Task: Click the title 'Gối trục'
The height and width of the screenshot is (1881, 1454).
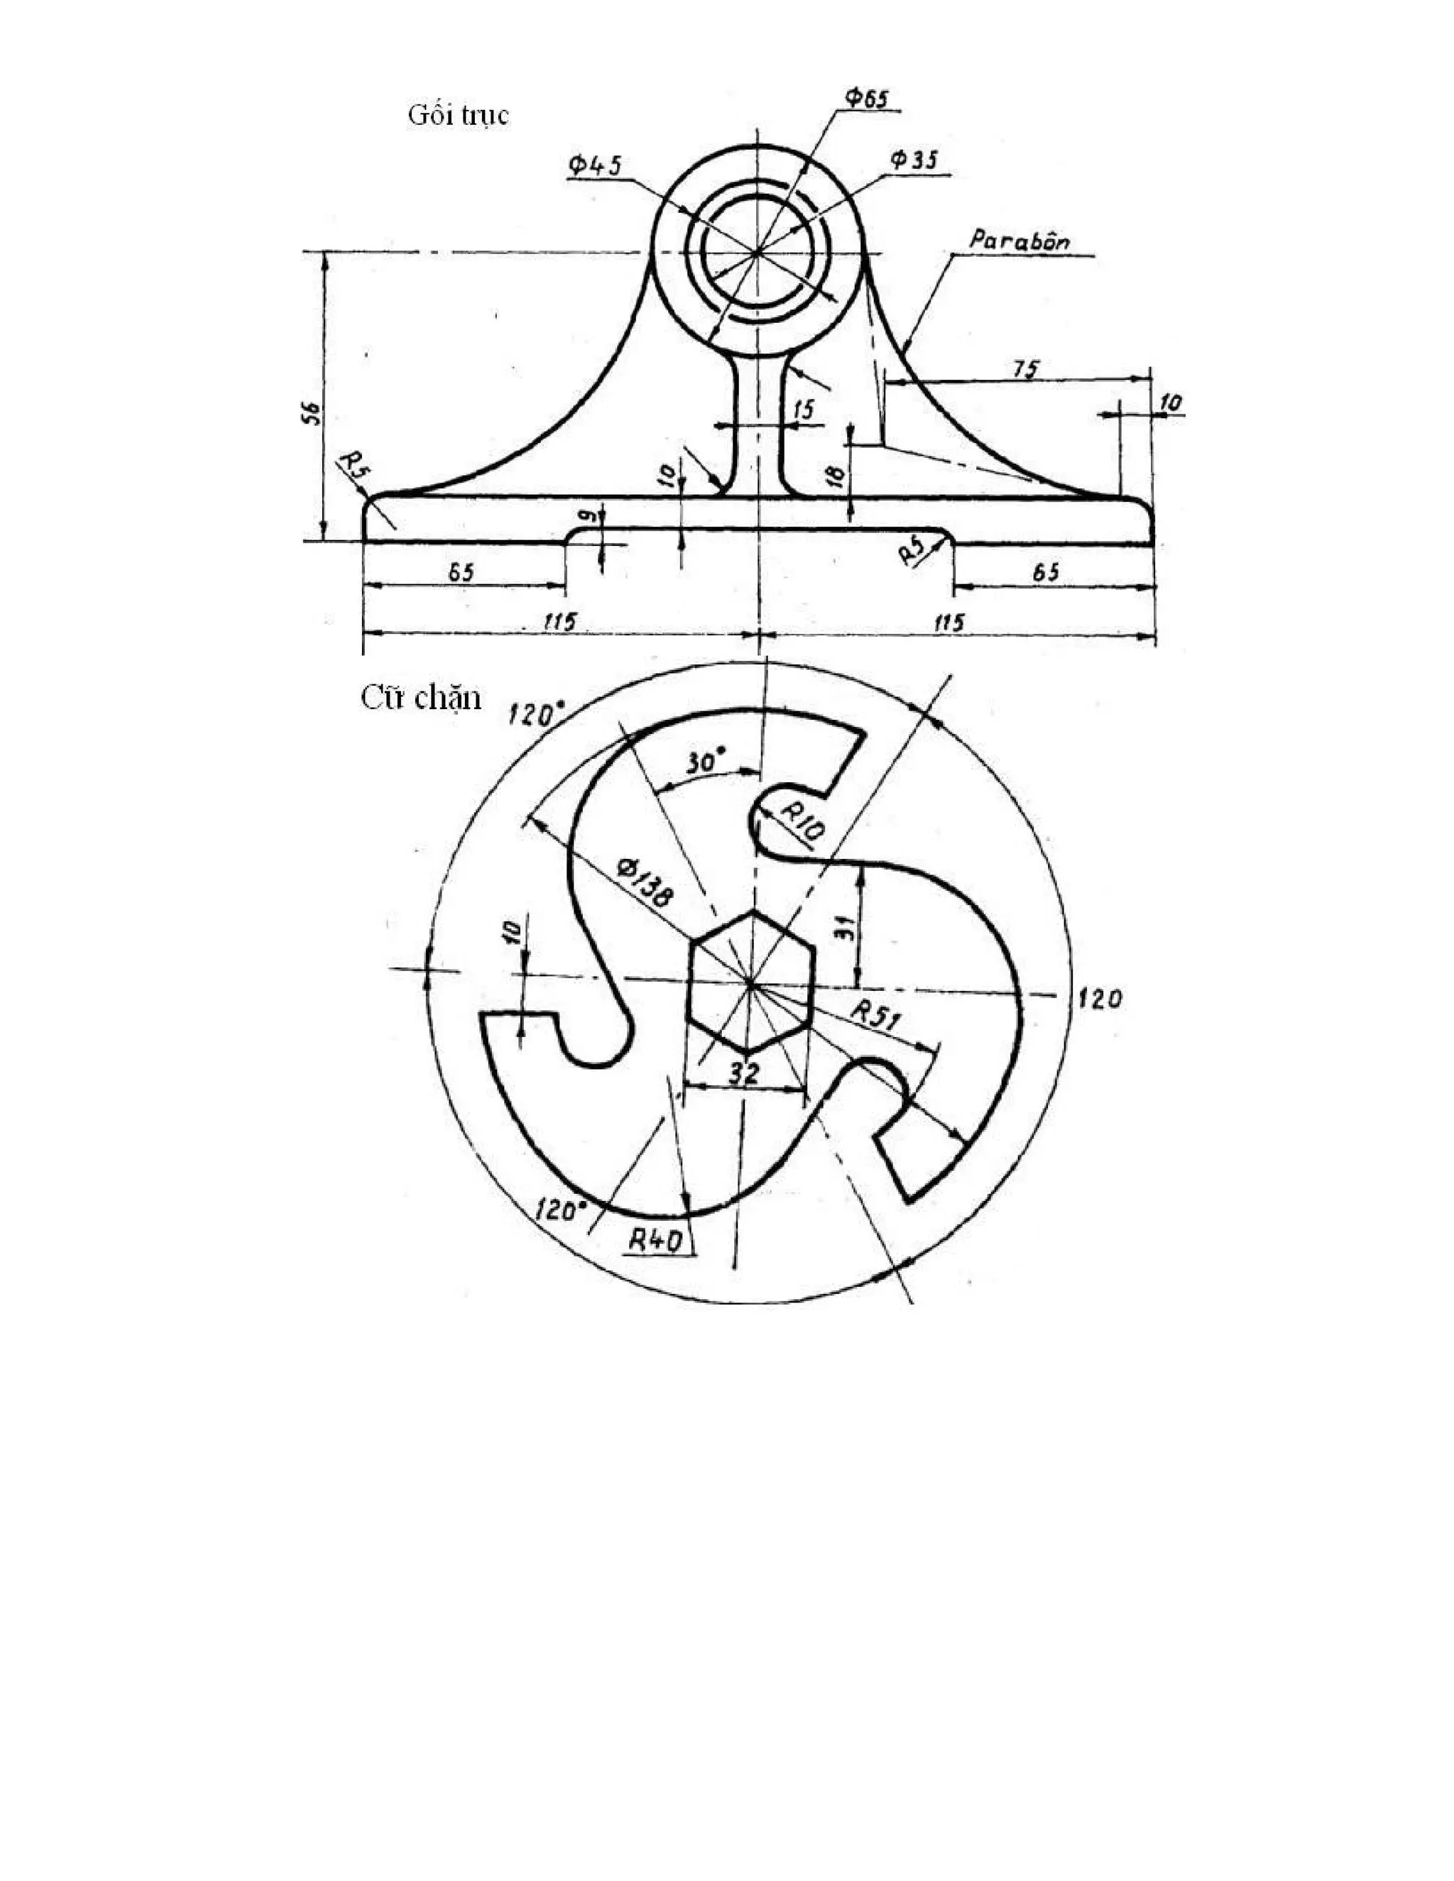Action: pos(458,114)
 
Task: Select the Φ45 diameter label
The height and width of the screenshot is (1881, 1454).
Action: pos(594,165)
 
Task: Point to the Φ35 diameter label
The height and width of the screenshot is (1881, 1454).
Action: pos(914,160)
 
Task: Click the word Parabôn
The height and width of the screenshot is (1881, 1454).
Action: pos(1019,241)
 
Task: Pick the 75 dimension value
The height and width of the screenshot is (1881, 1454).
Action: pos(1025,368)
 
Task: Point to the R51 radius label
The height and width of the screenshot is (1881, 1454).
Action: pos(876,1014)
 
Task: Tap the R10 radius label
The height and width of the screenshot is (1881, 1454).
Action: pos(804,820)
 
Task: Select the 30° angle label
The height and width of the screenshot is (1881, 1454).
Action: pos(706,762)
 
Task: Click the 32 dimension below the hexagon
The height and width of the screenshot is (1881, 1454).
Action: pos(744,1073)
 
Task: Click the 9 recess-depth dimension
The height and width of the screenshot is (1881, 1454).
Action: pos(585,516)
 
